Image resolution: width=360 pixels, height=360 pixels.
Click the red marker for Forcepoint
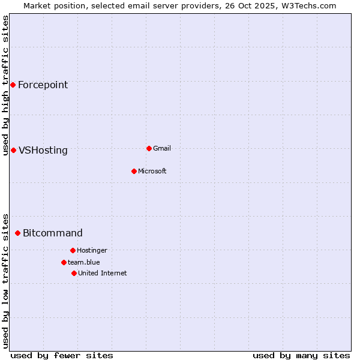point(13,85)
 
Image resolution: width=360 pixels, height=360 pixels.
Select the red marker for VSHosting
point(13,150)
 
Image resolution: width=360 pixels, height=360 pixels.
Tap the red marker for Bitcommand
point(17,233)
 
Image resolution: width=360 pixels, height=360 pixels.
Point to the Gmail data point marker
point(149,148)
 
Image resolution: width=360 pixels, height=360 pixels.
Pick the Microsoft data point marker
point(134,171)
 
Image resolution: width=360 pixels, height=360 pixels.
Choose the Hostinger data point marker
point(73,250)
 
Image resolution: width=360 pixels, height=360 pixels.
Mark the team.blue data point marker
point(64,262)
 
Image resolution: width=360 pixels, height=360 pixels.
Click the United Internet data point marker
point(74,273)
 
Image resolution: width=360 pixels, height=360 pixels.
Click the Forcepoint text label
point(43,85)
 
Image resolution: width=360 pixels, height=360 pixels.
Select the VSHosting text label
point(43,150)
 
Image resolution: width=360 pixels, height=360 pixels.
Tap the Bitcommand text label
point(53,233)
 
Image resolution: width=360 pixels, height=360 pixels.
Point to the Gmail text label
point(162,148)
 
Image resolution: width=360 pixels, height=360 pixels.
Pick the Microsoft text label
point(152,171)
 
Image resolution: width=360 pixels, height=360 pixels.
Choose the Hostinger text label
point(92,250)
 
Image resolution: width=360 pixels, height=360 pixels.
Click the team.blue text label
point(84,262)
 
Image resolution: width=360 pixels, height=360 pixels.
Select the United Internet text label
point(103,273)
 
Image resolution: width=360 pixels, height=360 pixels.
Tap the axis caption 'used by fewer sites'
point(62,355)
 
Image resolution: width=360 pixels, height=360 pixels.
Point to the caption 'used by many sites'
point(301,355)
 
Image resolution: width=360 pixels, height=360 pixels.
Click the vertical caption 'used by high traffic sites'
point(6,85)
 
